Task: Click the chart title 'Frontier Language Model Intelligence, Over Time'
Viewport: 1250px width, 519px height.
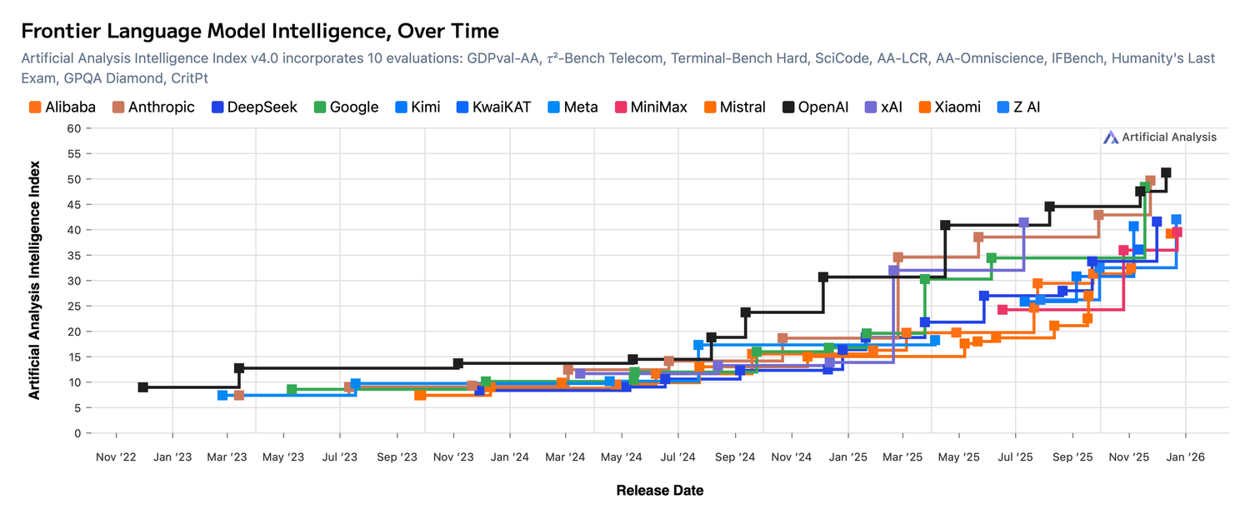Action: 259,31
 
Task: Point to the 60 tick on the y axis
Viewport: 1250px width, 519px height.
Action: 74,128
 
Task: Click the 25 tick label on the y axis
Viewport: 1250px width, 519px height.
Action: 74,307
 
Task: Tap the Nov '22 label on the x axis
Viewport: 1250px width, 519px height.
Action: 115,457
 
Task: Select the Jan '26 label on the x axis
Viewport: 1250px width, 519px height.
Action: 1184,457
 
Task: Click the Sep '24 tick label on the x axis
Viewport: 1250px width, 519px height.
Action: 735,457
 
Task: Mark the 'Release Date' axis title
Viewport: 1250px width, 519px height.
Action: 659,491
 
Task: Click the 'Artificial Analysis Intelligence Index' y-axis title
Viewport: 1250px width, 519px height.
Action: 34,281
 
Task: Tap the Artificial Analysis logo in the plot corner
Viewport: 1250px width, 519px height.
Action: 1159,137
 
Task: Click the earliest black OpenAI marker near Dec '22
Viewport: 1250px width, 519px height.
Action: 143,387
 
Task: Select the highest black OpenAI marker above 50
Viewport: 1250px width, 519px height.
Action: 1166,173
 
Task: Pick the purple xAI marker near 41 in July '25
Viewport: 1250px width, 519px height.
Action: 1023,223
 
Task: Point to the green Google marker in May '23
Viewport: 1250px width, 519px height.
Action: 292,390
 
